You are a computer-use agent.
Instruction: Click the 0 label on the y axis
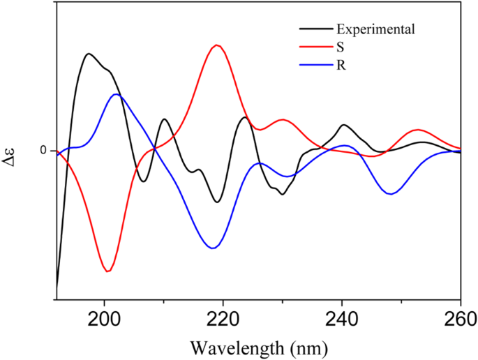pos(43,151)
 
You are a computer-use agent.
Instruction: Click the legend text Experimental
pos(375,29)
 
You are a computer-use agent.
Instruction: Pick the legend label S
pos(340,48)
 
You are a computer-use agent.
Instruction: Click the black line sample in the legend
pos(315,29)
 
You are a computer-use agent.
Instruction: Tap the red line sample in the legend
pos(315,48)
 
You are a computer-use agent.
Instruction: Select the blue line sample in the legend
pos(315,67)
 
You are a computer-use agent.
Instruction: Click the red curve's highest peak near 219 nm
pos(218,45)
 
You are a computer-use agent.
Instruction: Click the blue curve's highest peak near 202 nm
pos(116,94)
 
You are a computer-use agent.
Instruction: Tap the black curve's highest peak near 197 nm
pos(89,54)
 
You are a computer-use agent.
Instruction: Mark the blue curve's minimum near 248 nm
pos(391,194)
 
